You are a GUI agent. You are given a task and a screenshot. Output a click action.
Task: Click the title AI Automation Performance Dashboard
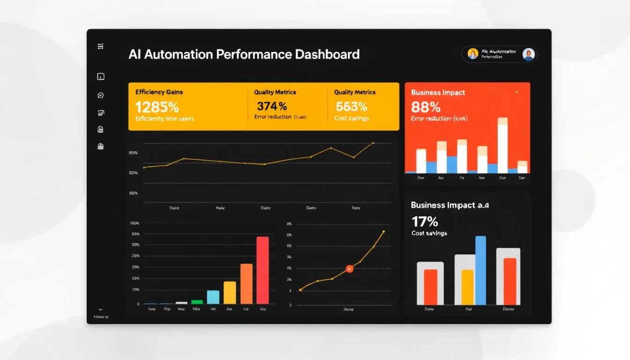(244, 54)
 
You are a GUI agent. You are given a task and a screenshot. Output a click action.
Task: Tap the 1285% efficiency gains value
(157, 107)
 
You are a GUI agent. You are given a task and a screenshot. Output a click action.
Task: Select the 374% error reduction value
(272, 106)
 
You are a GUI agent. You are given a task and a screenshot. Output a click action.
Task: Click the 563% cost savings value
(351, 106)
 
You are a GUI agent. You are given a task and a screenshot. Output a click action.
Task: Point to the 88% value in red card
(426, 107)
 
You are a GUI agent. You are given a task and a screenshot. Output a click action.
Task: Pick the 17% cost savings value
(425, 221)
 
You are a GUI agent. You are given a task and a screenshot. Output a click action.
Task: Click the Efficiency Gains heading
(159, 92)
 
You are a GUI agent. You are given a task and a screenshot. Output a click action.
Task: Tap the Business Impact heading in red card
(438, 92)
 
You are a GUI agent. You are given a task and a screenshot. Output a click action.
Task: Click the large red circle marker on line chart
(349, 269)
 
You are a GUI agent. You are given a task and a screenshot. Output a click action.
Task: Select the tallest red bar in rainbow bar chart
(262, 270)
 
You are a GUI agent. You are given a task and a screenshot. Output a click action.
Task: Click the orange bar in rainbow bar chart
(246, 284)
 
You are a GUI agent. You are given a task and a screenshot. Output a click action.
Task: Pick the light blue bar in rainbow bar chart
(213, 297)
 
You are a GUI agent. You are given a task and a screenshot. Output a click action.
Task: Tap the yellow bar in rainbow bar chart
(230, 292)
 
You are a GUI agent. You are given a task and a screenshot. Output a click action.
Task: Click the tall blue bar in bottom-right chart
(480, 270)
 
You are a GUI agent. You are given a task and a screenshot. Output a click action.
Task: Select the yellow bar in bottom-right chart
(467, 287)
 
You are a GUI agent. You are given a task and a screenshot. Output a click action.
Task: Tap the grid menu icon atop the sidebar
(100, 46)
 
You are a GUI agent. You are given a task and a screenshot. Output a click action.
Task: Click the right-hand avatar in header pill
(528, 54)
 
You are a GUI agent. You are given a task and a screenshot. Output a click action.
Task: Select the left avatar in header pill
(472, 54)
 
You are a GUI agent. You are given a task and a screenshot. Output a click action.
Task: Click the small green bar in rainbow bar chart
(197, 302)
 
